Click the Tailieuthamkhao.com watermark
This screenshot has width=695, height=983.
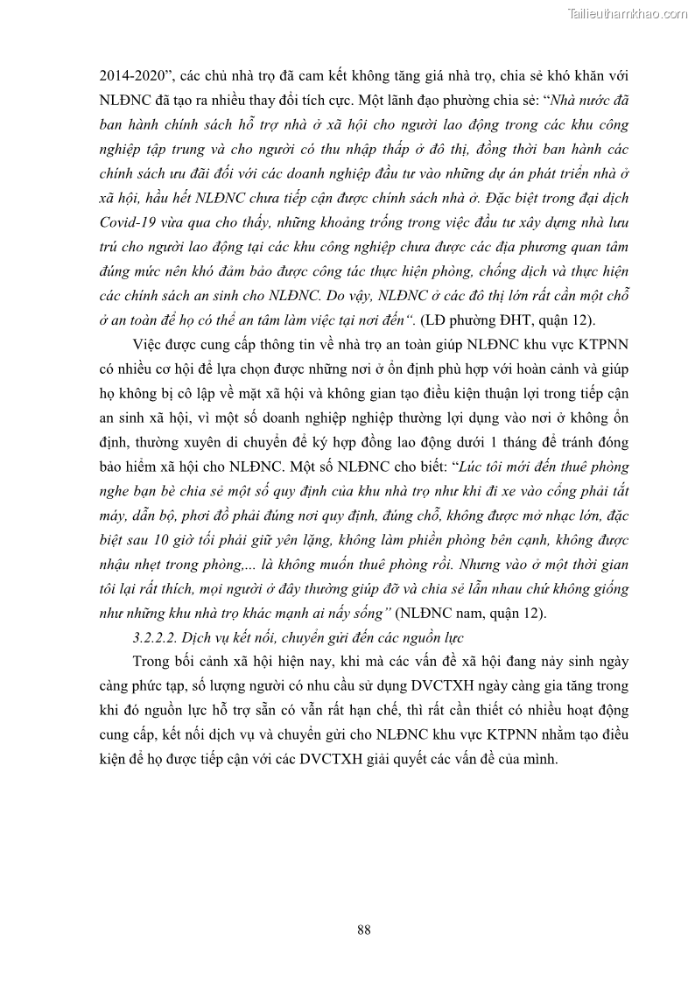(x=628, y=13)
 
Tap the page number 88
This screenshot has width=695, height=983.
(x=364, y=930)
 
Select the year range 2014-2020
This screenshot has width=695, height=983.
(x=133, y=76)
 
